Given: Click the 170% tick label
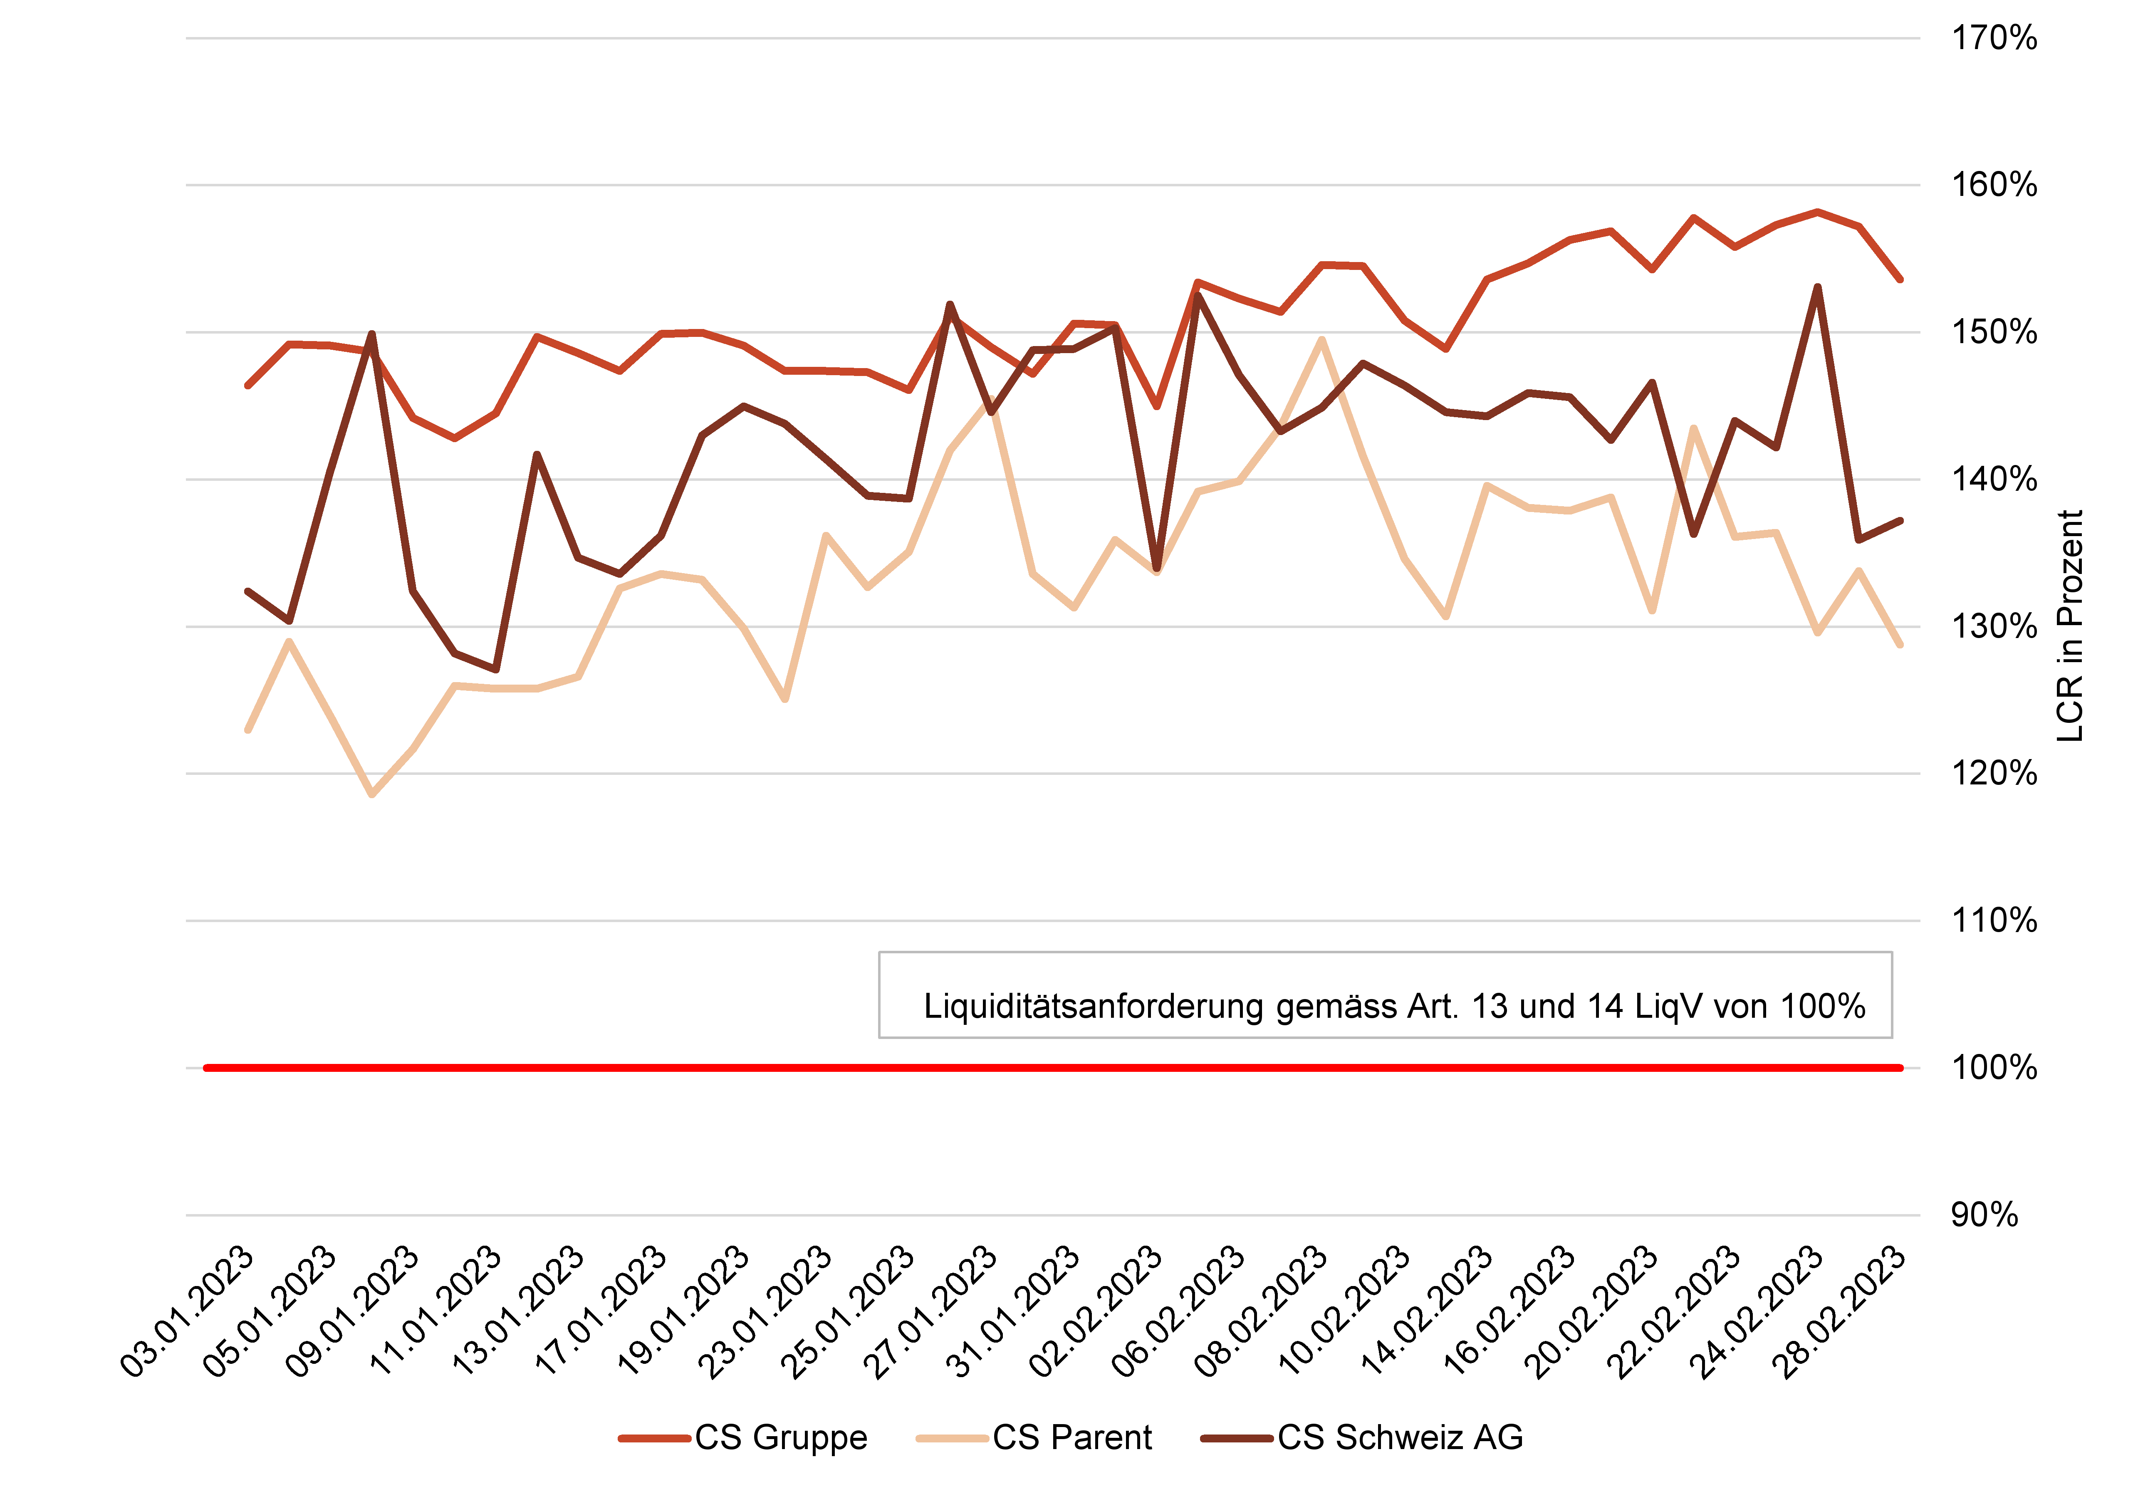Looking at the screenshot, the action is coord(1994,38).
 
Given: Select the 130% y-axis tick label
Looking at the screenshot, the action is coord(1994,626).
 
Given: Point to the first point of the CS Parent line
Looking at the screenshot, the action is coord(248,730).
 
